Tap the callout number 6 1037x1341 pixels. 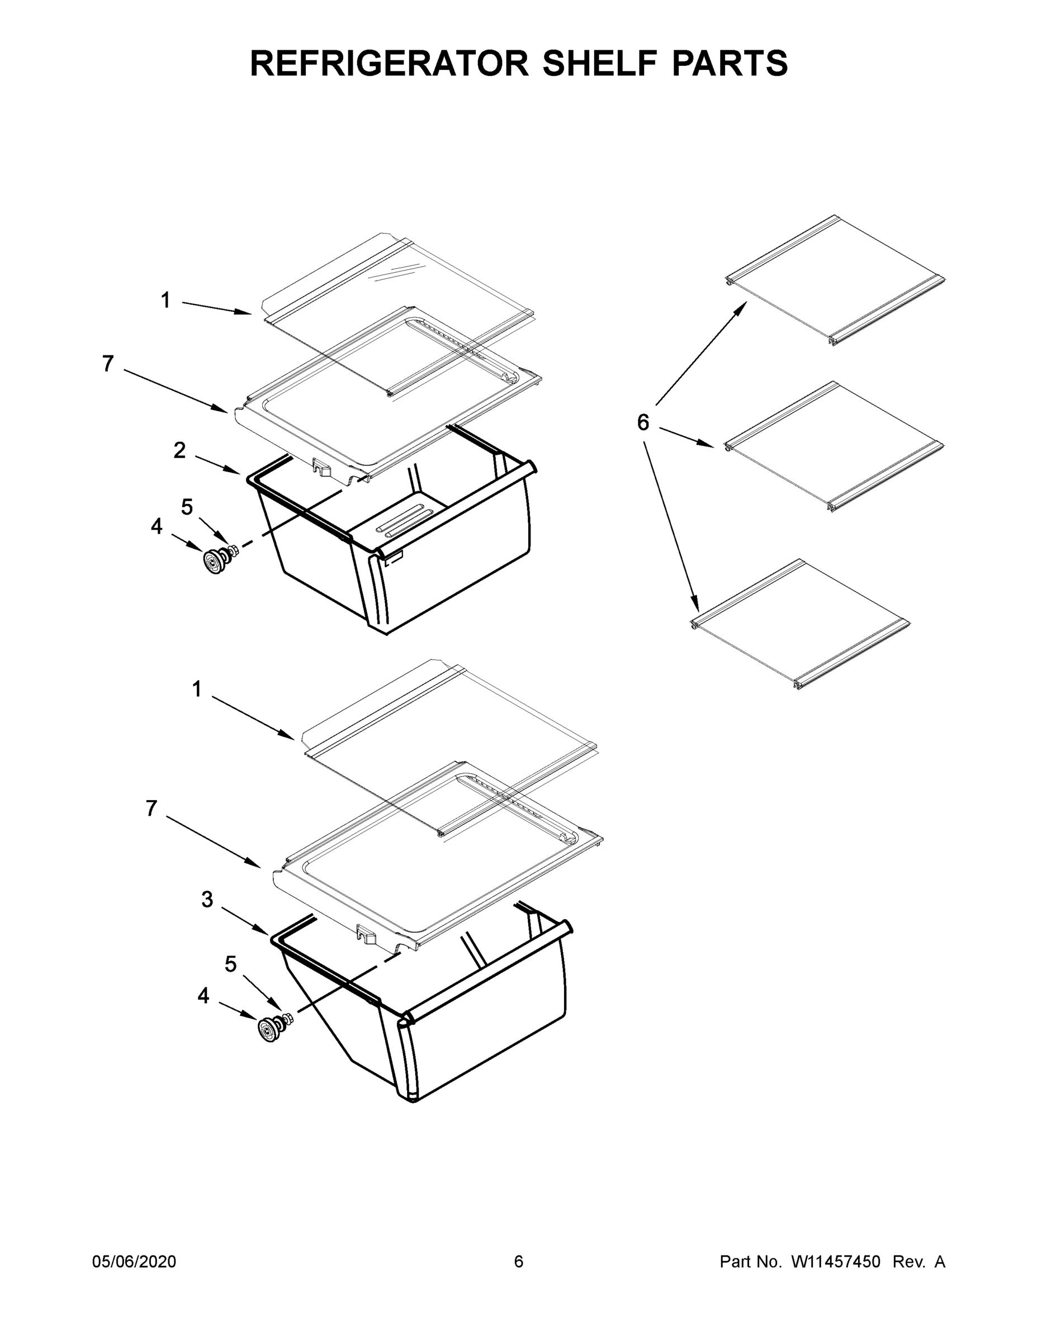642,422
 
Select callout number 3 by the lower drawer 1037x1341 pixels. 207,900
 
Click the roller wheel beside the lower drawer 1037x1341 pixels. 269,1029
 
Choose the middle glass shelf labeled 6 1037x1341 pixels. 834,447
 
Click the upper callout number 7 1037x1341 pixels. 108,364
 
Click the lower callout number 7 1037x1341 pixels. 151,809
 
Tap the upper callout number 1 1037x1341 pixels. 165,300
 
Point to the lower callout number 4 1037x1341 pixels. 203,995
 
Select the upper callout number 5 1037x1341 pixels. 187,507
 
